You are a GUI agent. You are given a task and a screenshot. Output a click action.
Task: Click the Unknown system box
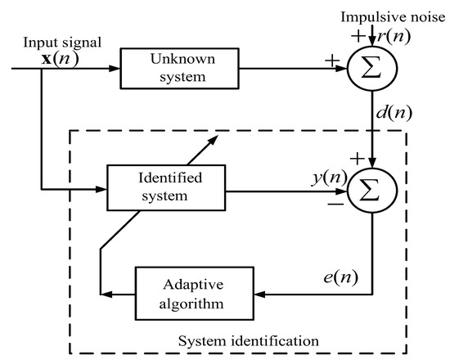[x=179, y=68]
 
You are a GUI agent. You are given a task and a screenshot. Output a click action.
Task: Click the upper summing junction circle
[x=373, y=68]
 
